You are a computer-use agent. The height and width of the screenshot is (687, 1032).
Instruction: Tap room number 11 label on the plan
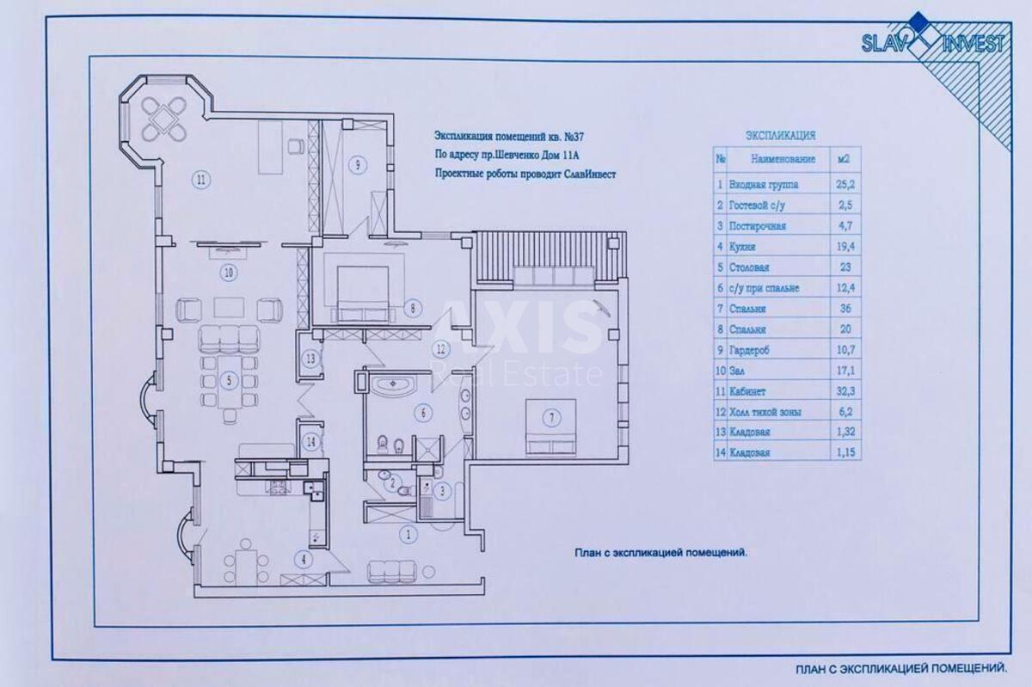coord(200,180)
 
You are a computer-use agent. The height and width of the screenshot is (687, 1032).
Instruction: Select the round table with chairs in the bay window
coord(164,120)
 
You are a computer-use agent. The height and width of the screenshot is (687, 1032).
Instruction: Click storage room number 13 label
coord(310,359)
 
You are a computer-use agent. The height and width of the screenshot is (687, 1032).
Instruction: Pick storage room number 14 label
coord(310,442)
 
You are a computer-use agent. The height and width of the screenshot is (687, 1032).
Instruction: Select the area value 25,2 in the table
coord(843,184)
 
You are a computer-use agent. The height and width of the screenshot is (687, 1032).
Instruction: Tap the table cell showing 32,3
coord(843,391)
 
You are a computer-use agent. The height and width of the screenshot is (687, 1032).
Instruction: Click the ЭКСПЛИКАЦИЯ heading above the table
coord(779,135)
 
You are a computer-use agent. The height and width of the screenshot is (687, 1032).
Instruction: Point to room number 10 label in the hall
coord(228,273)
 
